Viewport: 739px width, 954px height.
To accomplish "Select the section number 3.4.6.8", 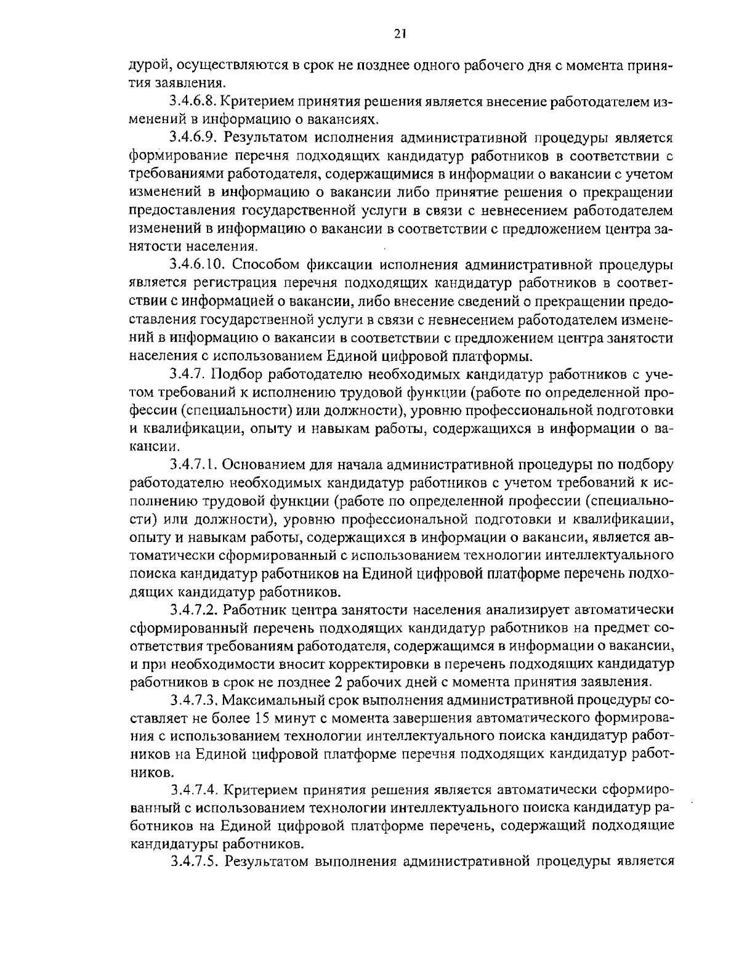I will [193, 100].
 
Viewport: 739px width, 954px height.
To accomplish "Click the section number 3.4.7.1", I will [193, 463].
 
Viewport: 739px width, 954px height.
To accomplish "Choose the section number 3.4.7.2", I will [193, 610].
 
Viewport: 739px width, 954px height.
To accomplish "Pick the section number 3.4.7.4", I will [193, 789].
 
